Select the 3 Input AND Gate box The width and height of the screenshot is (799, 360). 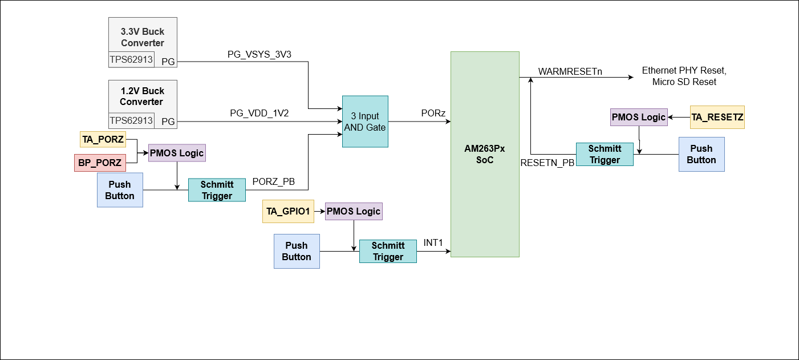pos(365,122)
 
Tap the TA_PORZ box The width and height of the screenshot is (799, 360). pos(103,139)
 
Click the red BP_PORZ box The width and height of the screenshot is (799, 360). pos(100,163)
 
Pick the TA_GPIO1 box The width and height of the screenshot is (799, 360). pos(288,211)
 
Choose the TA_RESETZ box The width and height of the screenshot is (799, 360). pos(717,117)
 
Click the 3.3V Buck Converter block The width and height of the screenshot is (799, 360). pos(143,38)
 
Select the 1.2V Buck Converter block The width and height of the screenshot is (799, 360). pos(143,96)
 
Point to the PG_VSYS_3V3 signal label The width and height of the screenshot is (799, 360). pos(259,55)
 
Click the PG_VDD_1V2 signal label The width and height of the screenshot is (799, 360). pos(259,113)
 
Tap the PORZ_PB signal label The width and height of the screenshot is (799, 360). pos(274,182)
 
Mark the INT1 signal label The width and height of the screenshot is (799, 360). pos(433,243)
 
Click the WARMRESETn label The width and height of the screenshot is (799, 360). pos(570,72)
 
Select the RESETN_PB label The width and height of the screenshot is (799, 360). pos(547,163)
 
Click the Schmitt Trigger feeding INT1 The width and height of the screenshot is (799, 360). pos(388,251)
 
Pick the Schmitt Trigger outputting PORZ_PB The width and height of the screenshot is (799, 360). pos(217,190)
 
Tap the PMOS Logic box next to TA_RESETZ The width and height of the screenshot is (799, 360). pos(638,117)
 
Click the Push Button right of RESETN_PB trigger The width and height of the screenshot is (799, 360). pos(701,154)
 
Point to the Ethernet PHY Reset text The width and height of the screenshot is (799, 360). pos(684,71)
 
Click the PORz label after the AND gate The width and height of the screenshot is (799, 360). pos(433,114)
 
